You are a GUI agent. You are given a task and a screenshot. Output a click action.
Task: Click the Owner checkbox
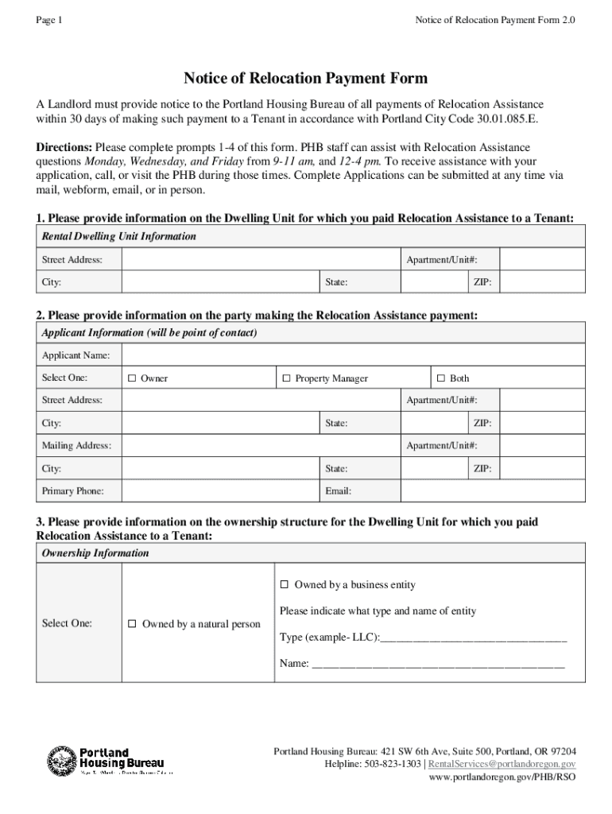133,378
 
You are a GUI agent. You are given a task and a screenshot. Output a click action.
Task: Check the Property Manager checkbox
287,378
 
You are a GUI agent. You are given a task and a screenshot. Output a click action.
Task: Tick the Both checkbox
441,378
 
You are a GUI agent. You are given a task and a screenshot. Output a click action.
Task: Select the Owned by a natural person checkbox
134,624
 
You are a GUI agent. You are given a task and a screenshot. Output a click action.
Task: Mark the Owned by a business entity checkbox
285,585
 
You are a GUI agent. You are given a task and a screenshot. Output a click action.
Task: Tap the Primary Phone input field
220,491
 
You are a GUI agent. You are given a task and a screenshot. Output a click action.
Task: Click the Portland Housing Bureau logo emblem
62,761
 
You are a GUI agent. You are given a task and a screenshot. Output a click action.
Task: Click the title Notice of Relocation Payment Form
306,78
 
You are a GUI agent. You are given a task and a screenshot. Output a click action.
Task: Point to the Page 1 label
49,20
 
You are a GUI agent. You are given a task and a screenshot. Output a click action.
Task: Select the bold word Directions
64,148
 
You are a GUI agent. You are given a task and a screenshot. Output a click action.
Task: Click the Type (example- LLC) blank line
474,638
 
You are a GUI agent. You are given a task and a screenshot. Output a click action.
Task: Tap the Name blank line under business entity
438,663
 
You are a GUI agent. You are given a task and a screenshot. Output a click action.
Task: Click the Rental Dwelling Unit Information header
118,237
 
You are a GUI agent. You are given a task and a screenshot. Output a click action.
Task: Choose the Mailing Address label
76,446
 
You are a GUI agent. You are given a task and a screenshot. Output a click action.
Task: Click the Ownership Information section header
95,553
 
